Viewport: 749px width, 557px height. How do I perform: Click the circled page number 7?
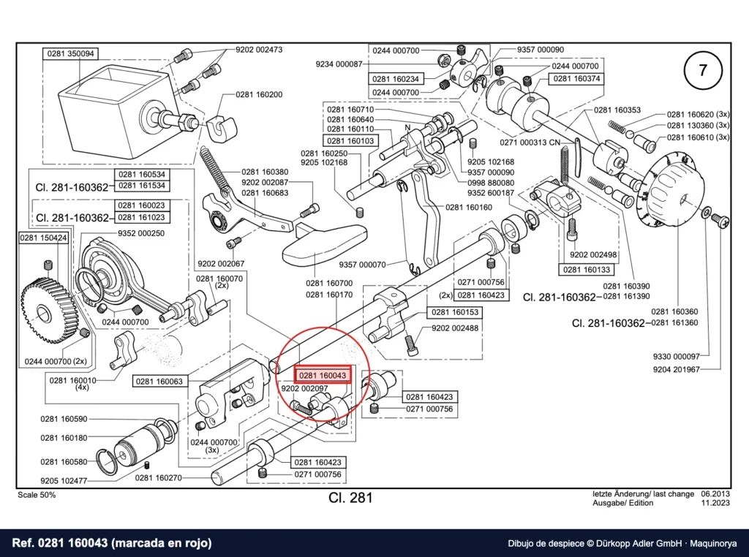tap(702, 71)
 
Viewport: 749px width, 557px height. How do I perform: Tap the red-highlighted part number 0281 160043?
tap(323, 376)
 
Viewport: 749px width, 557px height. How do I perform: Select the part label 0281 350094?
tap(71, 53)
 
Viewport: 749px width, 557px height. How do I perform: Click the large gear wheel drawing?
tap(43, 311)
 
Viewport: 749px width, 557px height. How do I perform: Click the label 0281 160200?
tap(259, 94)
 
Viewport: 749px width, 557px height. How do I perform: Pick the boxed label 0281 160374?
tap(576, 78)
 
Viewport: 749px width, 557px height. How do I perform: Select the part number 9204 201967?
tap(677, 369)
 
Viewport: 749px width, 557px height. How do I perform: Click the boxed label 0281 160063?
tap(159, 381)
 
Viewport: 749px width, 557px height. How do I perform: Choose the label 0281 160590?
tap(64, 419)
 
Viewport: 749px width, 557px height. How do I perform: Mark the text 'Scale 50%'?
tap(37, 495)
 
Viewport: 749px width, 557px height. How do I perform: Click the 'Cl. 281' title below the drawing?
tap(350, 498)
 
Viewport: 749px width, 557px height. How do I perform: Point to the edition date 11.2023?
tap(715, 503)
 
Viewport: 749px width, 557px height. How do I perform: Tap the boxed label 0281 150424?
tap(43, 238)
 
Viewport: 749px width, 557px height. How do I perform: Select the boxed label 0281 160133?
tap(587, 270)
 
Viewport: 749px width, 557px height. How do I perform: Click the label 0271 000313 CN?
tap(530, 143)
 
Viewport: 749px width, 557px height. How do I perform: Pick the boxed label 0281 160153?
tap(455, 312)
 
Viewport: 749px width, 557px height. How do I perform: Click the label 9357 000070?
tap(362, 265)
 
